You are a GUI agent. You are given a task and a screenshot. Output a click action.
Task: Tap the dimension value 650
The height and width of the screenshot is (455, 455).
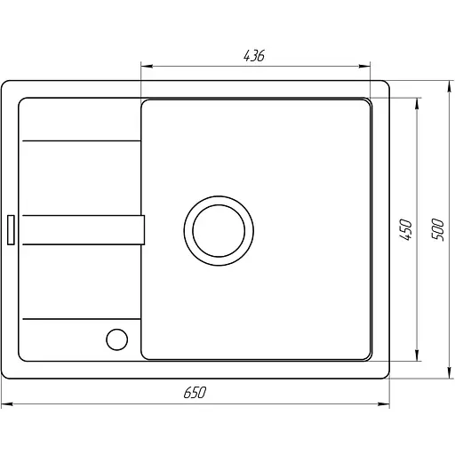pos(196,393)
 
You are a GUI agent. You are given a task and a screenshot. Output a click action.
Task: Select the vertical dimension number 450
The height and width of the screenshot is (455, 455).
pos(405,229)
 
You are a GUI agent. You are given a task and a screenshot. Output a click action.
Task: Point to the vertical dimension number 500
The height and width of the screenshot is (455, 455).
pos(435,229)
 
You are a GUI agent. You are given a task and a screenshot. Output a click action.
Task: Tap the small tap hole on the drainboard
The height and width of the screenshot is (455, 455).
pos(116,339)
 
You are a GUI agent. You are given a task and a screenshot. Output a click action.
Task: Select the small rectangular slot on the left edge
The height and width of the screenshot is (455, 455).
pos(11,228)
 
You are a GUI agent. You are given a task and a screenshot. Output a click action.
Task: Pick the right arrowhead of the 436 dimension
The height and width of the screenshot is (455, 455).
pos(366,65)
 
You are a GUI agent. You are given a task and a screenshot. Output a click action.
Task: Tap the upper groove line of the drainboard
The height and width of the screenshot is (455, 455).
pos(80,140)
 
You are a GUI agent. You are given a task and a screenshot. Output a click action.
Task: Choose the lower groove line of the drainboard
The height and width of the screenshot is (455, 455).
pos(80,317)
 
